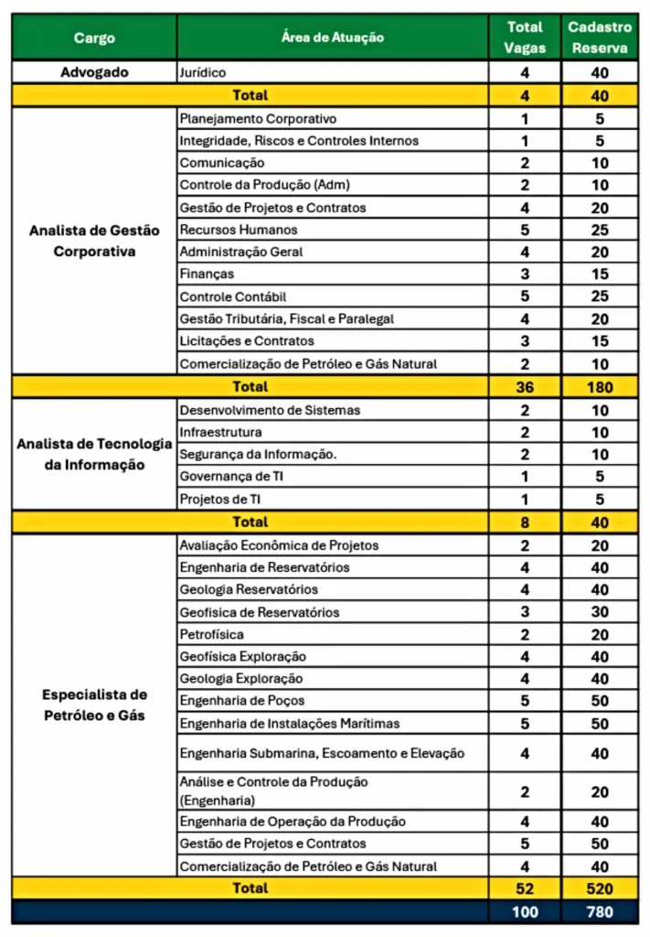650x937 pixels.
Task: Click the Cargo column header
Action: [94, 38]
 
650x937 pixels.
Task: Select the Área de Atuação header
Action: [333, 38]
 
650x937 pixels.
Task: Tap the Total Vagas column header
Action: [524, 38]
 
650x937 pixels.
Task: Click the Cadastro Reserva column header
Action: [600, 38]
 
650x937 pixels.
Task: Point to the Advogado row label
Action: [94, 71]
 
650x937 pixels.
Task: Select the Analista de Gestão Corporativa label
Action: [94, 241]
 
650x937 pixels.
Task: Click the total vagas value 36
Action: [524, 386]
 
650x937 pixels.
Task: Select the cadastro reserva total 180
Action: [600, 386]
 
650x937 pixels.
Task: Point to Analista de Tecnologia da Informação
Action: [94, 454]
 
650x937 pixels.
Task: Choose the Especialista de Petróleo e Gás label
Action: [94, 705]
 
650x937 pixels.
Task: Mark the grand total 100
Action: [524, 911]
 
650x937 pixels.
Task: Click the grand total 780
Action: [600, 911]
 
